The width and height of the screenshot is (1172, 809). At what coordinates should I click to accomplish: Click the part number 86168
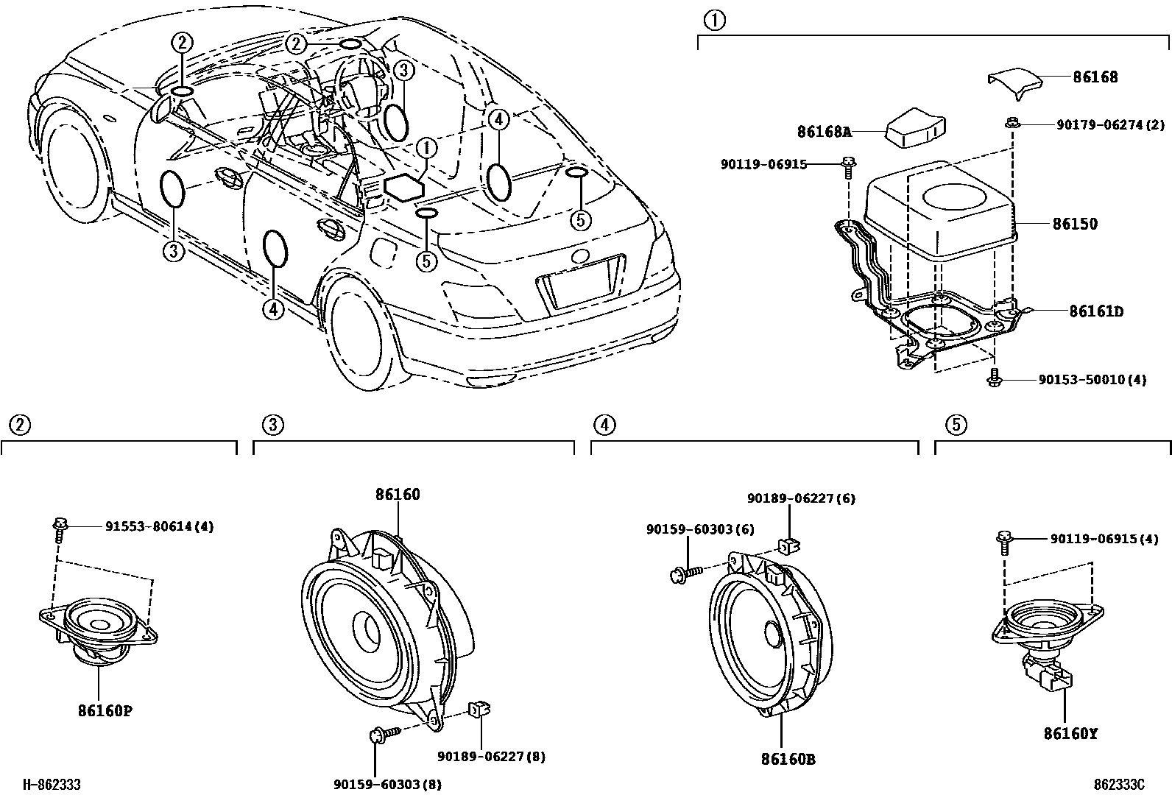coord(1095,77)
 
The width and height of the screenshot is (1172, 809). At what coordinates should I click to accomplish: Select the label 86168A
coord(824,132)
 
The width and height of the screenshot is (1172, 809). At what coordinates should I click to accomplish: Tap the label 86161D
coord(1095,311)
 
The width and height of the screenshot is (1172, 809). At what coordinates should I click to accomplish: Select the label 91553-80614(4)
coord(159,527)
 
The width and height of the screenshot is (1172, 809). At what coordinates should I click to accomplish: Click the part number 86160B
coord(788,759)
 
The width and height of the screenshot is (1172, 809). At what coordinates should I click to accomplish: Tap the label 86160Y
coord(1070,733)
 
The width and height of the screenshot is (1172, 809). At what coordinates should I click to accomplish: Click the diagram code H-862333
coord(50,785)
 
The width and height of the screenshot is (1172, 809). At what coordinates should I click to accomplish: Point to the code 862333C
coord(1119,785)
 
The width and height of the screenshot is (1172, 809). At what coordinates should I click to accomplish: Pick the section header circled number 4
coord(603,425)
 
